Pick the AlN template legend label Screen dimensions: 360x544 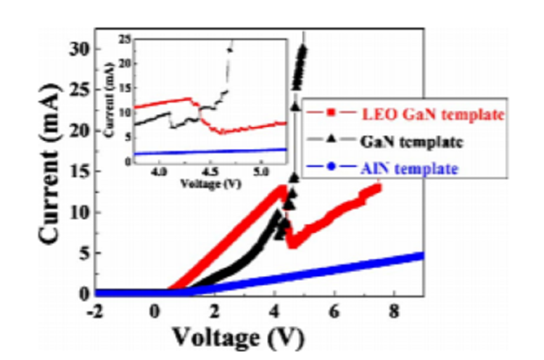pos(409,168)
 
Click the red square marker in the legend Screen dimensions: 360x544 pos(331,113)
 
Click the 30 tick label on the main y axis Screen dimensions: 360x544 pos(81,49)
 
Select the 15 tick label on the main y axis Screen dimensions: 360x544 pos(81,171)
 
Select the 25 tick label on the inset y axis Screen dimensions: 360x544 pos(125,37)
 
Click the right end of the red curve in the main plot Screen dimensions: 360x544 pos(377,187)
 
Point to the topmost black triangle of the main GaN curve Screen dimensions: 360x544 pos(303,49)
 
